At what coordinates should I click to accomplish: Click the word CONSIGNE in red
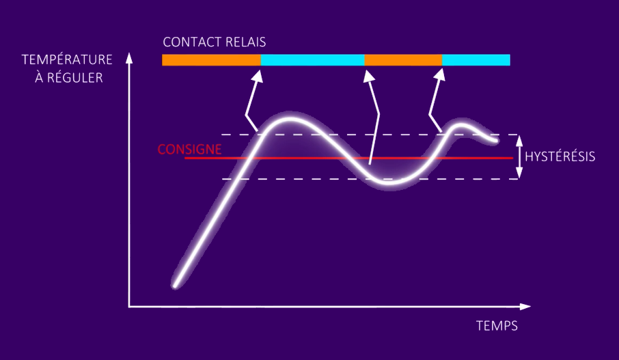tap(189, 149)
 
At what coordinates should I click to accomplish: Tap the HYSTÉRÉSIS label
tap(560, 156)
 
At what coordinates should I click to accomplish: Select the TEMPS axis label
tap(497, 326)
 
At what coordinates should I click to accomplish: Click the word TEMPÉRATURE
tap(67, 59)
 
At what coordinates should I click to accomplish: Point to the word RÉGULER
tap(75, 78)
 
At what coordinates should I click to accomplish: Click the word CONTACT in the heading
tap(187, 42)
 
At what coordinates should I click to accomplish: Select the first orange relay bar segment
tap(212, 60)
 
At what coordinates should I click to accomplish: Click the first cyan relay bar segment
tap(313, 60)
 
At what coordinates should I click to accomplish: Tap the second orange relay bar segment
tap(404, 60)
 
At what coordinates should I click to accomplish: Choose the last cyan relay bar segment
tap(476, 60)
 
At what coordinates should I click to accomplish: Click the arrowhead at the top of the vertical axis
tap(129, 58)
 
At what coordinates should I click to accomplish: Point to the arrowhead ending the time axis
tap(525, 307)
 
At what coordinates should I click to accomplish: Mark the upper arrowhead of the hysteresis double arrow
tap(519, 141)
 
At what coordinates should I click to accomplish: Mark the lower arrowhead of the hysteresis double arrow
tap(519, 174)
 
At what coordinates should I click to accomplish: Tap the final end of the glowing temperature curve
tap(495, 140)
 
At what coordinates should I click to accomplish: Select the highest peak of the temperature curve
tap(290, 118)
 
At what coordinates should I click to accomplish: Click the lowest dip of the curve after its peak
tap(389, 182)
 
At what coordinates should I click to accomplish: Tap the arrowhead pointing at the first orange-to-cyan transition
tap(258, 77)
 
